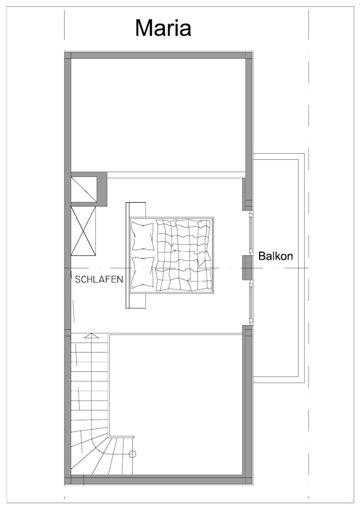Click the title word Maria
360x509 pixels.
tap(163, 28)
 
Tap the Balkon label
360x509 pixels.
tap(276, 256)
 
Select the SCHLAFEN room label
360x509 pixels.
tap(99, 279)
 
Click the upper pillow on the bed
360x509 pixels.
tap(142, 236)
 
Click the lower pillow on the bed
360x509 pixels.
tap(142, 272)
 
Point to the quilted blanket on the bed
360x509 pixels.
tap(183, 255)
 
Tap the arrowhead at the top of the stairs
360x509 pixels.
tap(92, 336)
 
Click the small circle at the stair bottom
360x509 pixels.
tap(132, 454)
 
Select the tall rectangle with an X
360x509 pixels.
tap(84, 231)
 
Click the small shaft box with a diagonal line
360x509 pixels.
tap(84, 189)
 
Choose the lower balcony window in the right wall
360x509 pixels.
tap(251, 303)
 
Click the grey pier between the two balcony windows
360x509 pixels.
tap(247, 268)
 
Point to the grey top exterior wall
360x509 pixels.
tap(158, 55)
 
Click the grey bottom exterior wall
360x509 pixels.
tap(158, 480)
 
